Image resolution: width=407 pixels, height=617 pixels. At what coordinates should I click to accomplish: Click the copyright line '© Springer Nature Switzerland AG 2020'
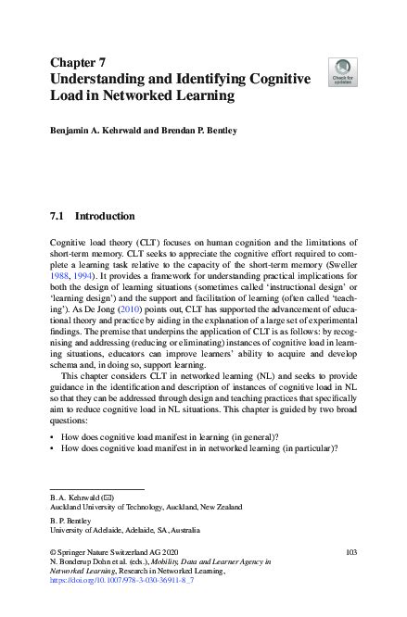click(x=108, y=550)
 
